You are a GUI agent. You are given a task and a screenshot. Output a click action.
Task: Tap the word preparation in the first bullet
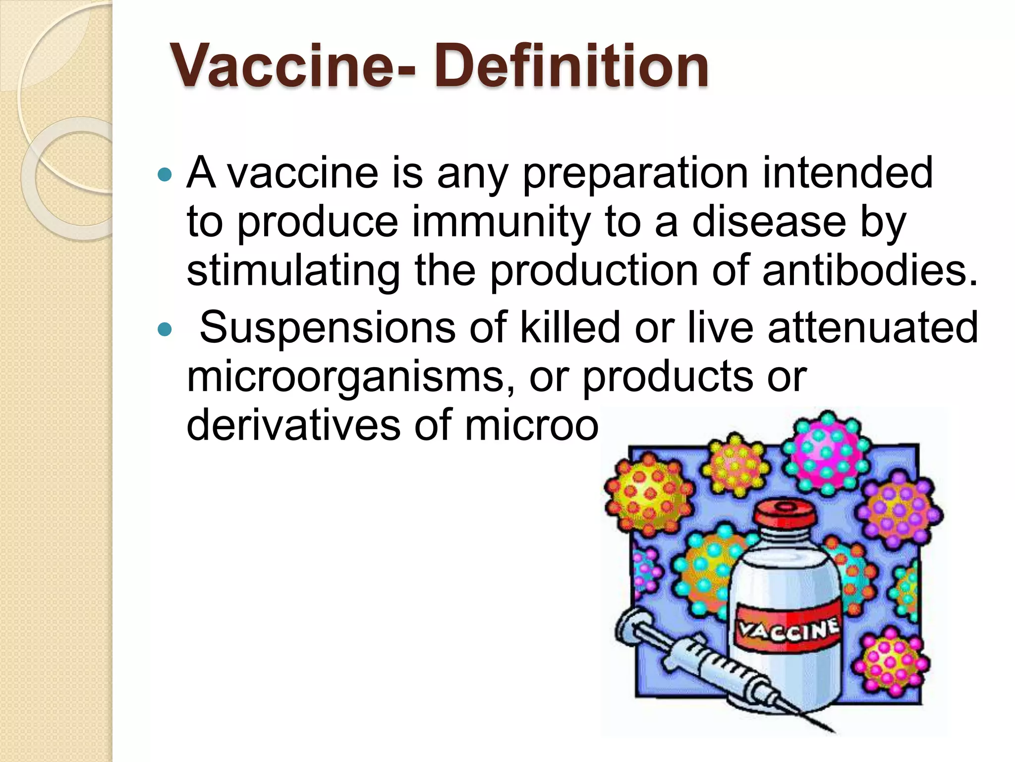(x=635, y=174)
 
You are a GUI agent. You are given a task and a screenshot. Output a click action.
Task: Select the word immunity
(x=501, y=222)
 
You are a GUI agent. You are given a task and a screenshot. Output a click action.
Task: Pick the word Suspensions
(x=327, y=327)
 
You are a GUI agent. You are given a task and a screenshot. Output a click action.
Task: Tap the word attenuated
(x=873, y=327)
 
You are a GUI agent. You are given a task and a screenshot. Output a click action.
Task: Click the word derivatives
(x=293, y=426)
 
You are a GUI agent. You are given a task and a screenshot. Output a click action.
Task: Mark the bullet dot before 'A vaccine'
(x=164, y=174)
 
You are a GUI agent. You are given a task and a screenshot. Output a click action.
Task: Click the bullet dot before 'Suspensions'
(x=164, y=328)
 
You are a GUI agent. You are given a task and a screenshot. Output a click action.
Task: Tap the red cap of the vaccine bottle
(x=785, y=514)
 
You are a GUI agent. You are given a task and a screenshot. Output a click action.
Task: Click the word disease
(x=769, y=222)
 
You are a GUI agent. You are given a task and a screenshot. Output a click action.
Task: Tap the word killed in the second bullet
(x=570, y=327)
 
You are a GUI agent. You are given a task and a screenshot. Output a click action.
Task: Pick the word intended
(x=847, y=174)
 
